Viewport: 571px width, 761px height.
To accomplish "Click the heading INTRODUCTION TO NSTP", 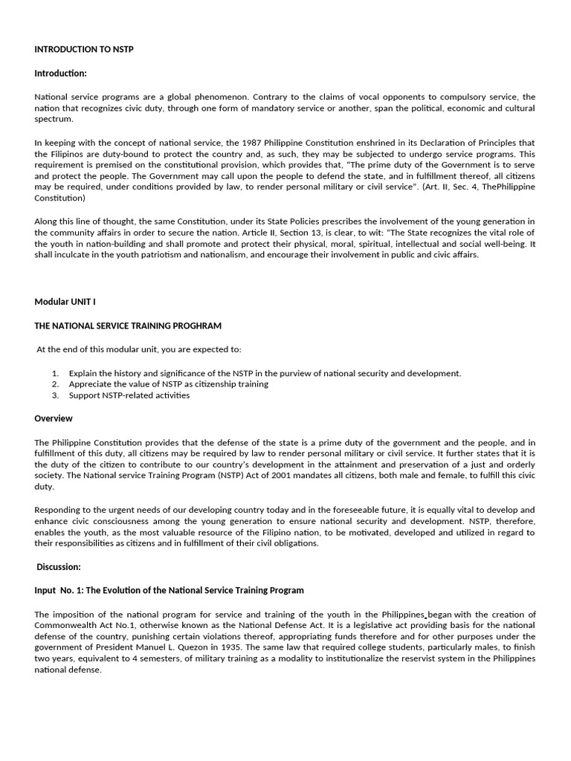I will click(x=84, y=49).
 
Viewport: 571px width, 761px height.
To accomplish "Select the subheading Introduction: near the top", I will click(x=61, y=73).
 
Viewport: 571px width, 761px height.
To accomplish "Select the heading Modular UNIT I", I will click(x=65, y=302).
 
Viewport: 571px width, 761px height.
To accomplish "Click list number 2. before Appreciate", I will click(x=56, y=384).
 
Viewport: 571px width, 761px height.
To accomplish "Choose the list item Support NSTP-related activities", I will click(x=129, y=395).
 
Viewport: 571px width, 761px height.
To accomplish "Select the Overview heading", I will click(x=54, y=418).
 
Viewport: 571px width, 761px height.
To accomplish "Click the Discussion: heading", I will click(x=59, y=566).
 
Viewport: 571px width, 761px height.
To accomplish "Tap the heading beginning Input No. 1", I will click(x=170, y=590).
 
